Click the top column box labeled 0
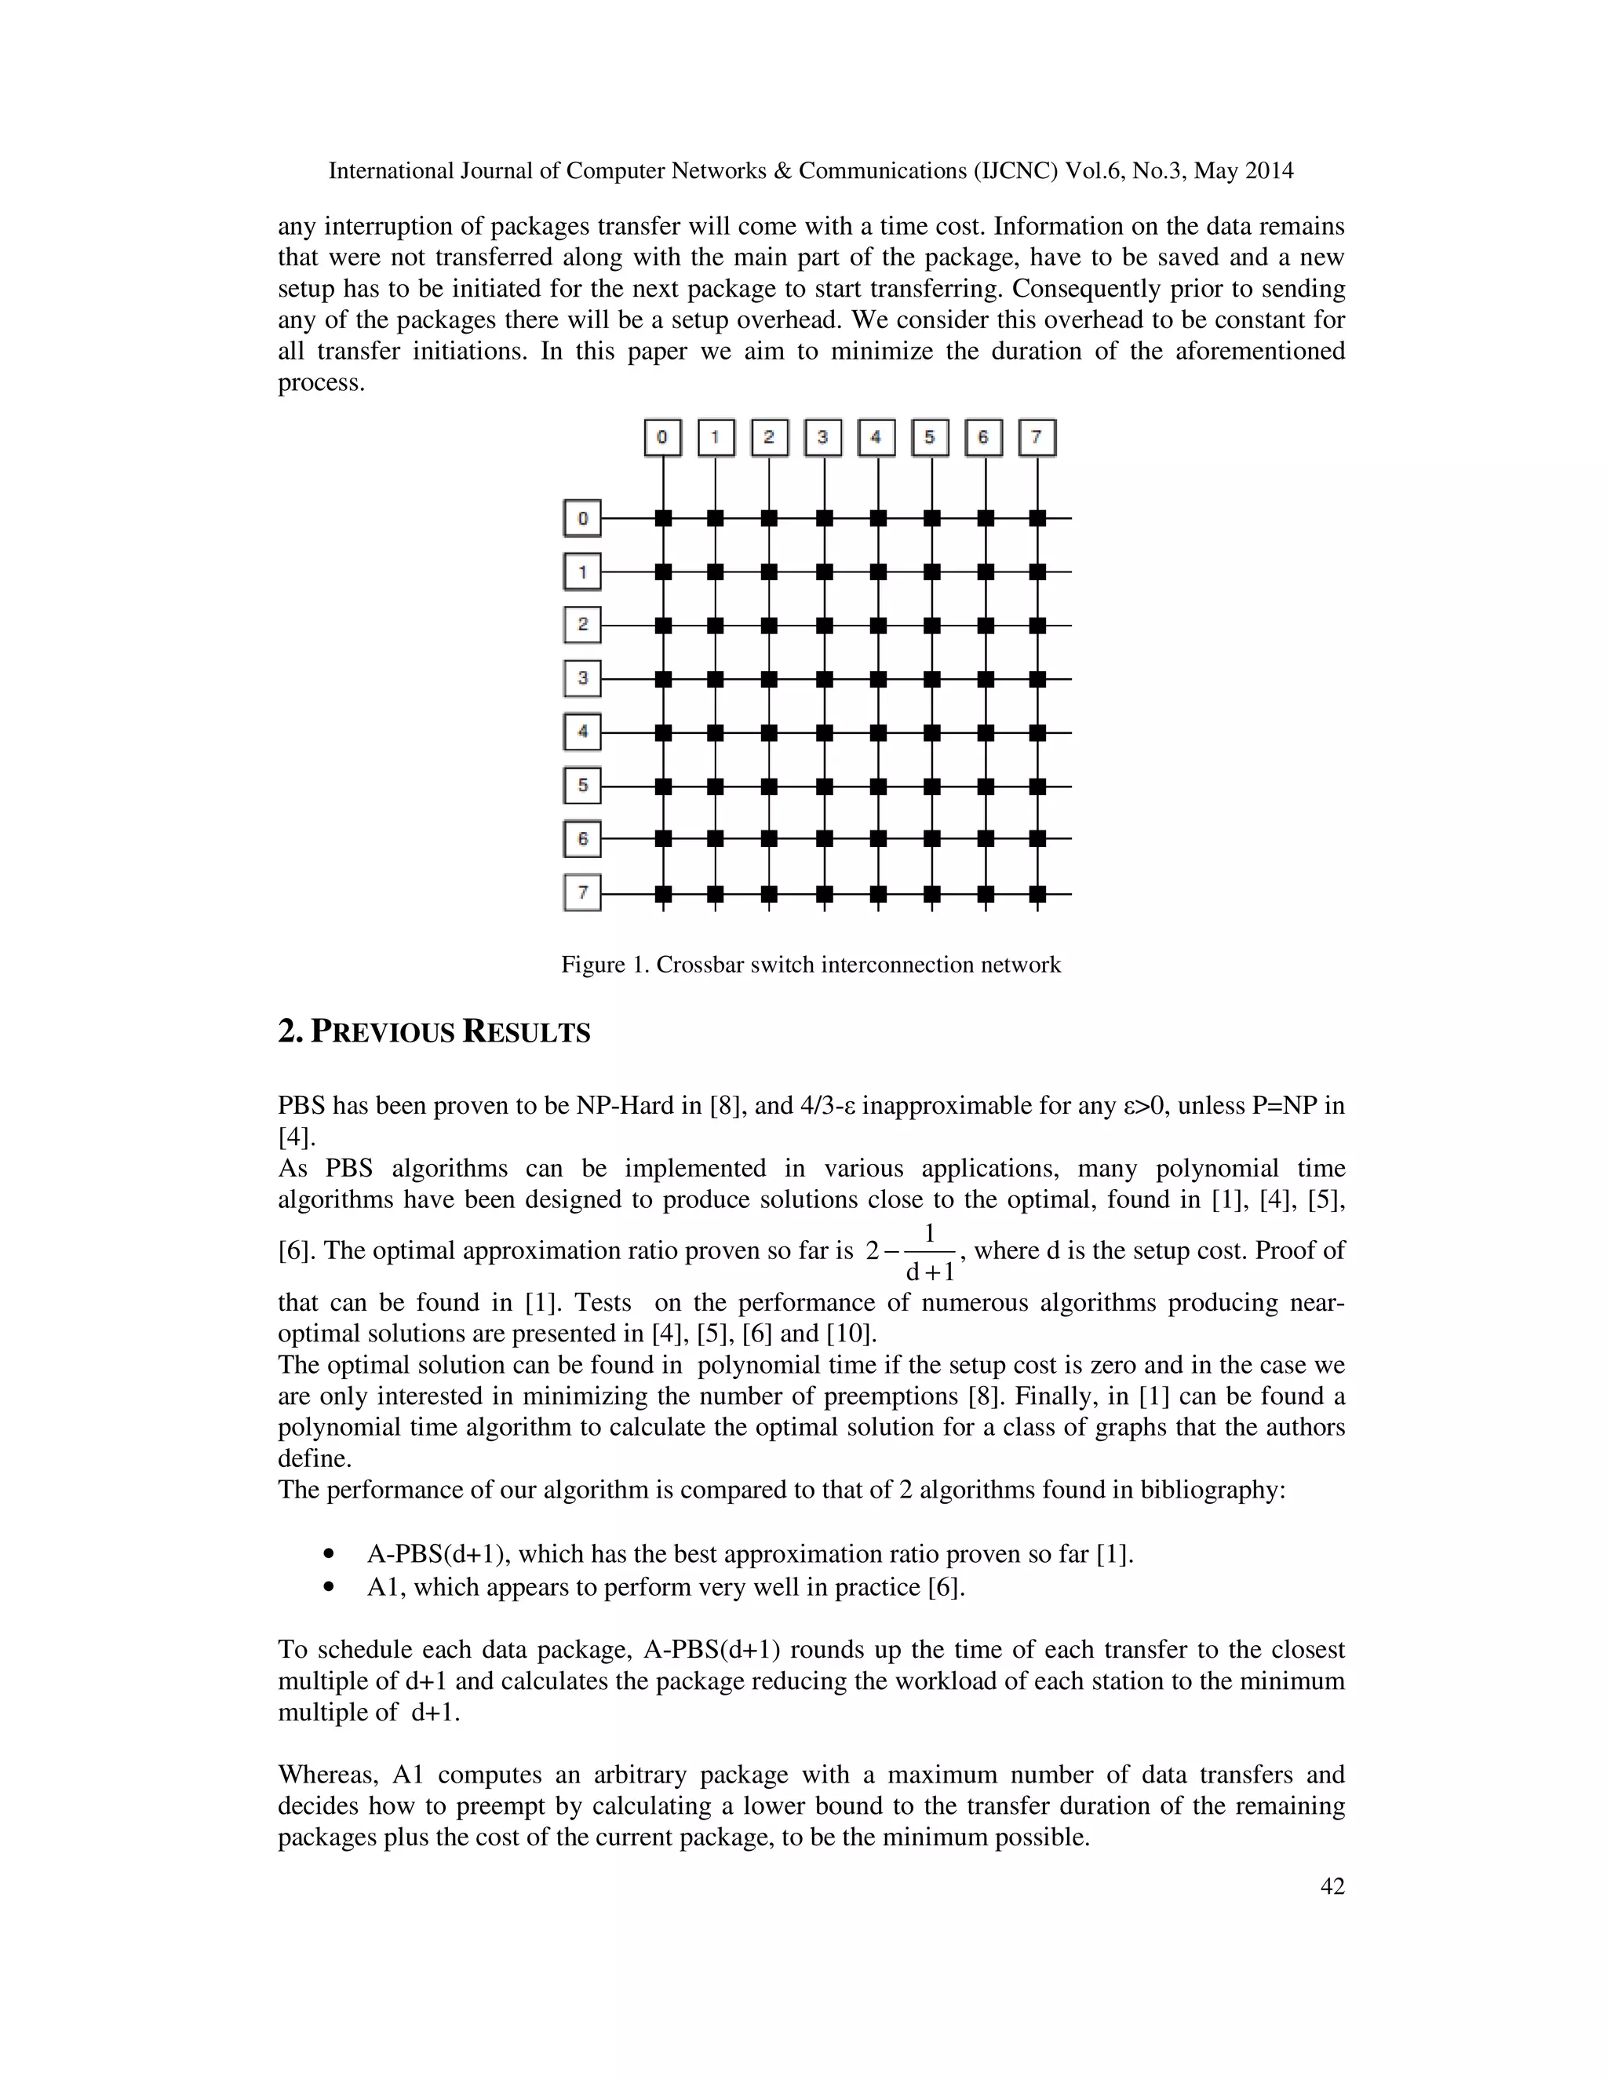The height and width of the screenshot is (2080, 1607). point(662,438)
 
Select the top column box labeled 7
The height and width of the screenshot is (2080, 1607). point(1037,438)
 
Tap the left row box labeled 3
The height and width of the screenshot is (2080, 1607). point(583,679)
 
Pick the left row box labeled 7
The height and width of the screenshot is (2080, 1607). point(583,893)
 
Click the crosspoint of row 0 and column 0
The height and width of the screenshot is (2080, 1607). point(664,518)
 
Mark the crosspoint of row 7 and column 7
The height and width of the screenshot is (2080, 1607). point(1037,893)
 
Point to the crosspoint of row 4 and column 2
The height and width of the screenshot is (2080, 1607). point(769,732)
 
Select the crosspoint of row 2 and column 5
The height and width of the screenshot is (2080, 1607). point(932,626)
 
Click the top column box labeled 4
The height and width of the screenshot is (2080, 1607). point(876,438)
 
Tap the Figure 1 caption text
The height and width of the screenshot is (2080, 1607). point(810,965)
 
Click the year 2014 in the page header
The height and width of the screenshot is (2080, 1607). point(1268,171)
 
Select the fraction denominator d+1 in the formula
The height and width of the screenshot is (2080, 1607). point(929,1272)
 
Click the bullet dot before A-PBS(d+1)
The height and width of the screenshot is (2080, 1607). point(330,1555)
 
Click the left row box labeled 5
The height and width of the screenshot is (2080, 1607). point(583,786)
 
